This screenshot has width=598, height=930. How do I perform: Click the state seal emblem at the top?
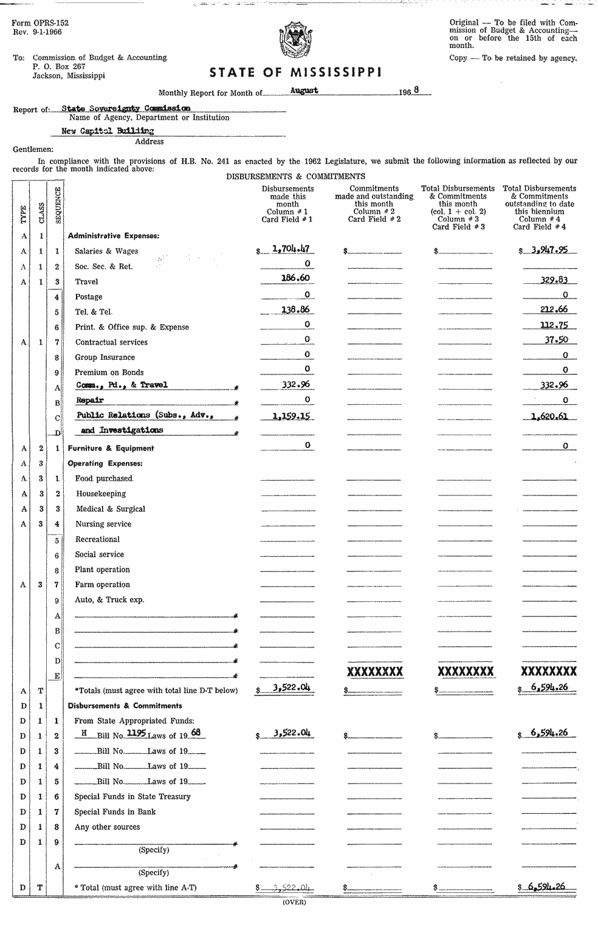295,42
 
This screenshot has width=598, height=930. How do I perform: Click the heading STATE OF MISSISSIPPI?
296,73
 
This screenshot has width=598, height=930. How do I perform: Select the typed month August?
304,90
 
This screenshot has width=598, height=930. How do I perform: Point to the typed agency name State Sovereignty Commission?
126,108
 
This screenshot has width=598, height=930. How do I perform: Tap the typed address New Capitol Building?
108,131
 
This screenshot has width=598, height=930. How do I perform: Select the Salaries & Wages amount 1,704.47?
291,248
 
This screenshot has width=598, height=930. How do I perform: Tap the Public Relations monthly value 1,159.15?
291,415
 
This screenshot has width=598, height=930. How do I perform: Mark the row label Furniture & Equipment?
111,448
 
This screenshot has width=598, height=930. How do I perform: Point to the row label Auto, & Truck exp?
109,599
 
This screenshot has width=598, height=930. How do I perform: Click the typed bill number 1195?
136,733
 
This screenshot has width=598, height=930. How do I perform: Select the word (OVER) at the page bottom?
295,902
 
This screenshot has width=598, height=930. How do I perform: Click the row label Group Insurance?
105,357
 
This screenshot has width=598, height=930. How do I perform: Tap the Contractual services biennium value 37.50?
555,339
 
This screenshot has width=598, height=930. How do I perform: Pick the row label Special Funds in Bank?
115,811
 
